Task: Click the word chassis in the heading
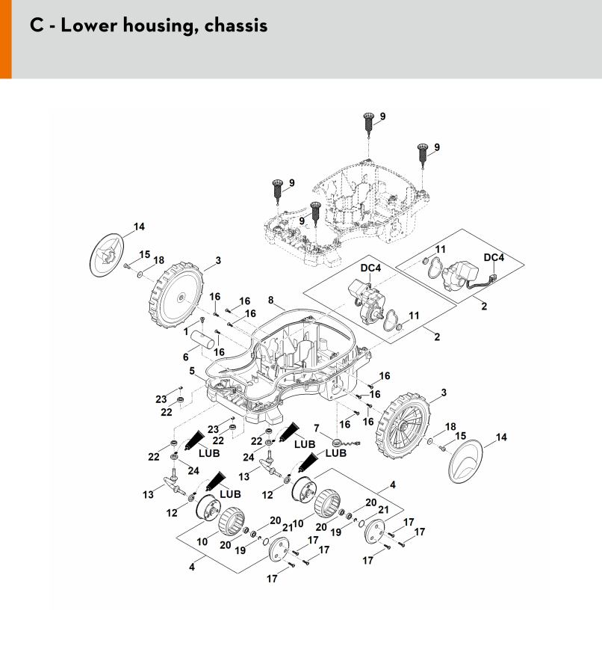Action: tap(236, 25)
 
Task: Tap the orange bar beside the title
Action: tap(6, 39)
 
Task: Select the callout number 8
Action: tap(271, 300)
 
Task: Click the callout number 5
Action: tap(192, 371)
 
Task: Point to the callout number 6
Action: tap(186, 357)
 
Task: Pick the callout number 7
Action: tap(317, 428)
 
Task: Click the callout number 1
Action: tap(186, 331)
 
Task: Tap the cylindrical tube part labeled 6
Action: tap(203, 342)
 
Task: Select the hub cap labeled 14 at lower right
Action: tap(465, 461)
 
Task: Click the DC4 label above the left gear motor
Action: tap(370, 268)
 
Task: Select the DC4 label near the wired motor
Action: tap(494, 257)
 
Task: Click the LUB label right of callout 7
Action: tap(336, 453)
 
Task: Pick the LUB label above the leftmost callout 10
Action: tap(230, 493)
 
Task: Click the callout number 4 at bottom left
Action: tap(192, 567)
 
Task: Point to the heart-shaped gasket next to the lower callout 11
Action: tap(390, 322)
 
